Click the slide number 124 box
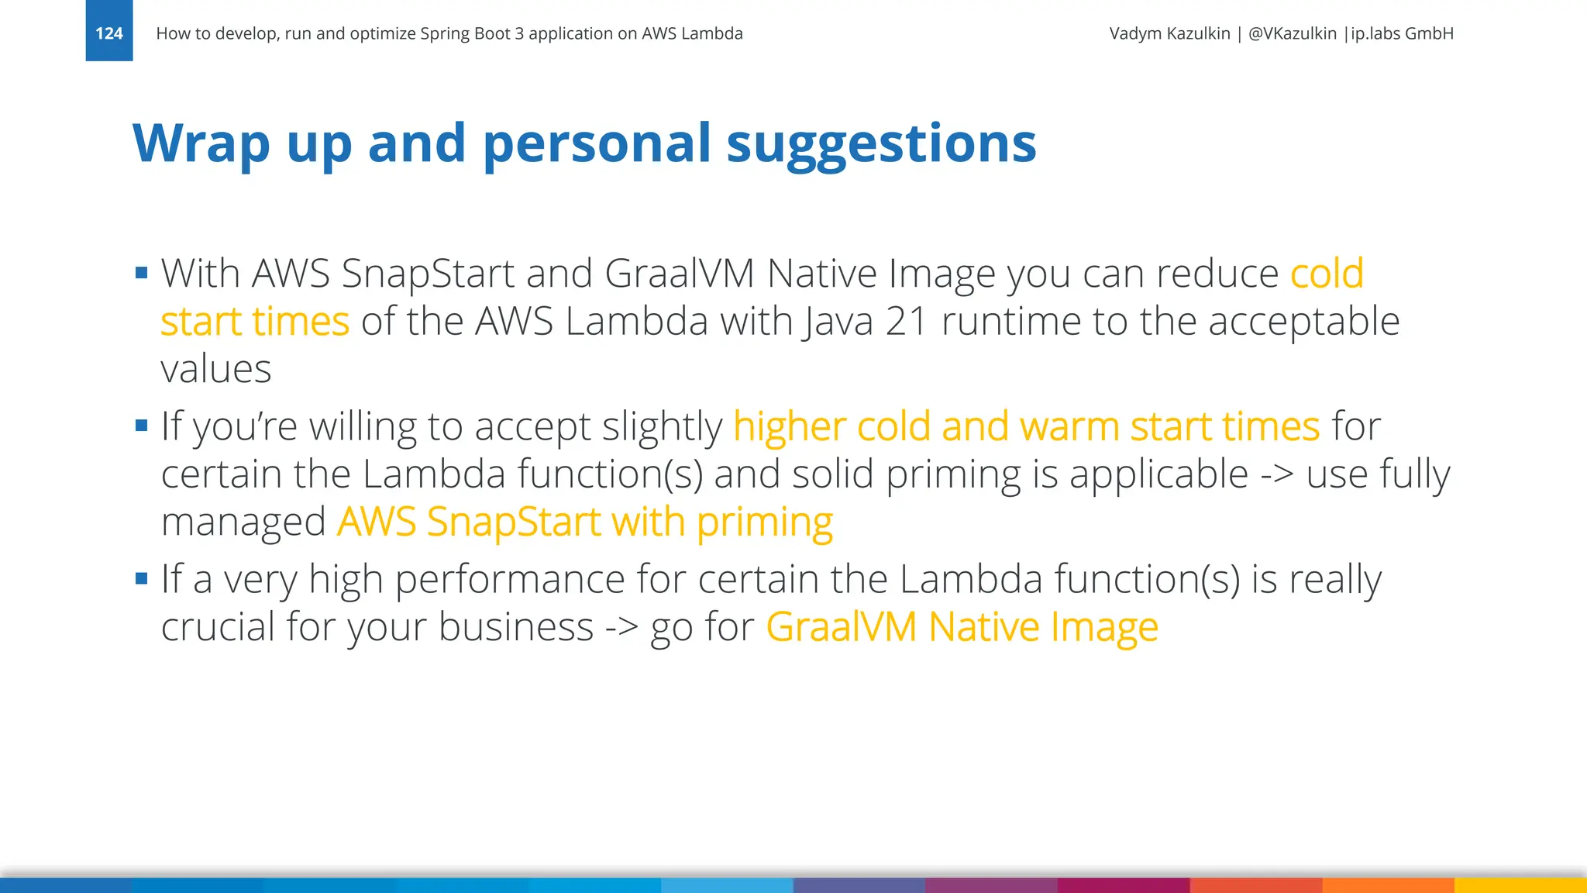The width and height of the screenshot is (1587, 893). point(109,33)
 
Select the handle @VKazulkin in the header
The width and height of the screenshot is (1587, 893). point(1292,33)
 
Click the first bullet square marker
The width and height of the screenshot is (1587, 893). point(141,273)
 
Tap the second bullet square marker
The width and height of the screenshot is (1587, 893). point(141,426)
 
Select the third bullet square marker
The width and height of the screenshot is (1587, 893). point(141,578)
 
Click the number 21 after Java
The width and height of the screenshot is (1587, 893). point(907,321)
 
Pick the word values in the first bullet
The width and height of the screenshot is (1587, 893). point(216,369)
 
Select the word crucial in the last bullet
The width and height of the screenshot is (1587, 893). point(217,626)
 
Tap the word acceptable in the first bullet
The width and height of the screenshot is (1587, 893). point(1304,321)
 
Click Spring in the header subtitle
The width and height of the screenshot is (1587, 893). point(440,33)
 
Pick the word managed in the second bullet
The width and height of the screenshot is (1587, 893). point(243,522)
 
